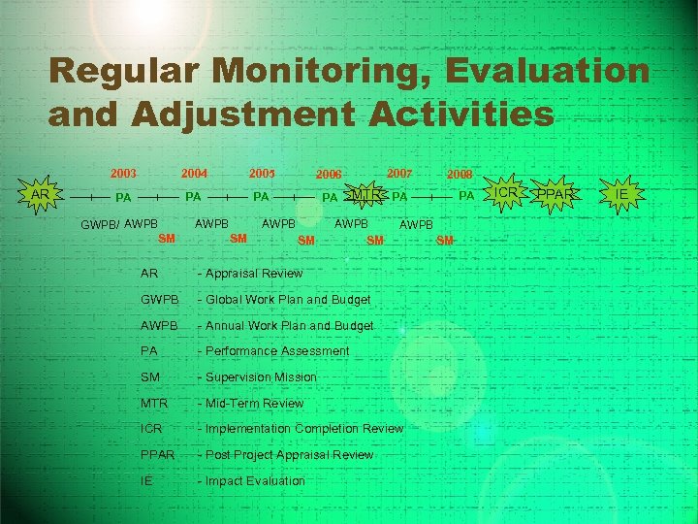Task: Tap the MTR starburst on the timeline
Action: point(365,195)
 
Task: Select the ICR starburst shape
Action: point(506,193)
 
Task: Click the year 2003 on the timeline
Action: point(123,174)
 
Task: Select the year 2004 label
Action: point(195,174)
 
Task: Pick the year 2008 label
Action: point(459,175)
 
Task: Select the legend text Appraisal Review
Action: point(253,274)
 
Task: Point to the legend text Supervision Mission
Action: point(260,377)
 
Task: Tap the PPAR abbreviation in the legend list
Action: point(157,454)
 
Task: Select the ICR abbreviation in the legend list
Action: point(151,428)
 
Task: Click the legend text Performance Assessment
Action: point(276,351)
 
